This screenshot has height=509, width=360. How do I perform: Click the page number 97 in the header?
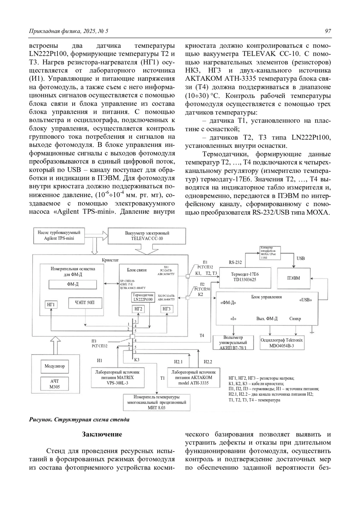(x=328, y=31)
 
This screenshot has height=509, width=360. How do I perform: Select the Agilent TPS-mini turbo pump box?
(x=59, y=235)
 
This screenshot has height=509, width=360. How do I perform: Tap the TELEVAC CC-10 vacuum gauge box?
(x=147, y=236)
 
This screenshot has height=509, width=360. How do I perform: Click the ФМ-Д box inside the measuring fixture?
(x=73, y=284)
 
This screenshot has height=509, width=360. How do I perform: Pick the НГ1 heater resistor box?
(x=51, y=305)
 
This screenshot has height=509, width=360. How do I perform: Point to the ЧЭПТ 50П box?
(x=85, y=303)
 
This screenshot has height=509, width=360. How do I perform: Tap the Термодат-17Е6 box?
(x=245, y=277)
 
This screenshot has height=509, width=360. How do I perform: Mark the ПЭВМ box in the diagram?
(x=293, y=278)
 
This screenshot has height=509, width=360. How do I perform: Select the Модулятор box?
(x=55, y=366)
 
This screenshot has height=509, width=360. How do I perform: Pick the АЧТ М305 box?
(x=55, y=384)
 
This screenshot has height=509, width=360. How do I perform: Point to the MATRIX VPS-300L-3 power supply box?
(x=117, y=377)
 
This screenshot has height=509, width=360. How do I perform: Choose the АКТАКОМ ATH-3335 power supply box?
(x=194, y=377)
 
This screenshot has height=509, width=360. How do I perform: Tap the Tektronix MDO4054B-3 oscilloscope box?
(x=282, y=343)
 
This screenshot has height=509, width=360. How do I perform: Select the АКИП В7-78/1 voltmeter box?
(x=233, y=343)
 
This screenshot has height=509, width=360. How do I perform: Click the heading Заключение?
(x=102, y=434)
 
